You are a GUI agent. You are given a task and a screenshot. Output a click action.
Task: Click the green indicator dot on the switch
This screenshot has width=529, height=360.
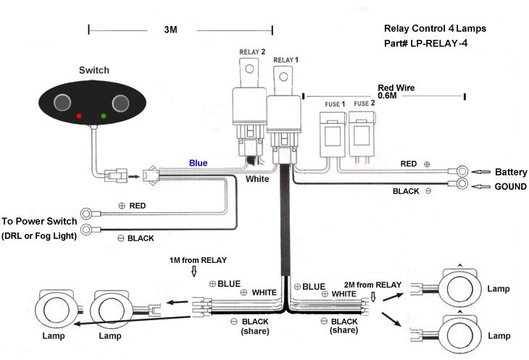pyautogui.click(x=104, y=116)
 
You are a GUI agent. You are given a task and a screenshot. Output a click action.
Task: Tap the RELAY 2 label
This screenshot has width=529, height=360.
pyautogui.click(x=252, y=53)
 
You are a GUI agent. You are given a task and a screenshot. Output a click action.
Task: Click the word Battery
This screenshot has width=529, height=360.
pyautogui.click(x=511, y=172)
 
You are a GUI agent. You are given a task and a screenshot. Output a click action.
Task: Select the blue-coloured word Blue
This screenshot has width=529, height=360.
pyautogui.click(x=198, y=163)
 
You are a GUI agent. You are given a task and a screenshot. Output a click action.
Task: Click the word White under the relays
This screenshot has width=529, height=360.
pyautogui.click(x=258, y=178)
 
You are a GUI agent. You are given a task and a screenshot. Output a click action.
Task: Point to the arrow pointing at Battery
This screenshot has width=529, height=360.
pyautogui.click(x=479, y=172)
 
